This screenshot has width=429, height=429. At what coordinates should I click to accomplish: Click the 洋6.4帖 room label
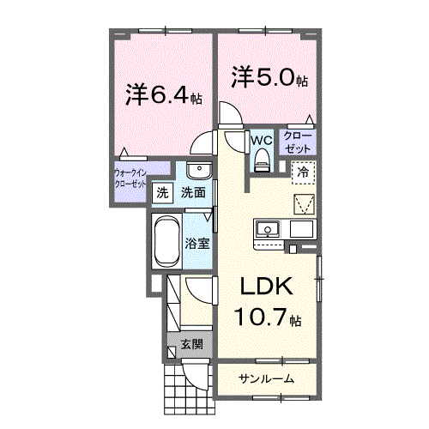(163, 94)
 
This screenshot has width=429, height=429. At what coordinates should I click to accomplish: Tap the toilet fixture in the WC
(262, 157)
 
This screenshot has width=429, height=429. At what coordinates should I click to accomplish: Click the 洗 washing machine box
(162, 193)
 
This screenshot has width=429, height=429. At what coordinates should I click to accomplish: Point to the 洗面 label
(192, 193)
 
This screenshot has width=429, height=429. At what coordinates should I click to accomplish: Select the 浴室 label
(197, 243)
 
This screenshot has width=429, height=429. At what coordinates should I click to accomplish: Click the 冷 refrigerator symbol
(303, 172)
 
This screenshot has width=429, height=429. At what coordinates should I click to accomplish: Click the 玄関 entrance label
(191, 345)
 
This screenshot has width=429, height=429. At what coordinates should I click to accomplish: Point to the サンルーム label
(266, 378)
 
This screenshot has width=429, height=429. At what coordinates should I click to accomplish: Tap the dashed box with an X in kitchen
(305, 204)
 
